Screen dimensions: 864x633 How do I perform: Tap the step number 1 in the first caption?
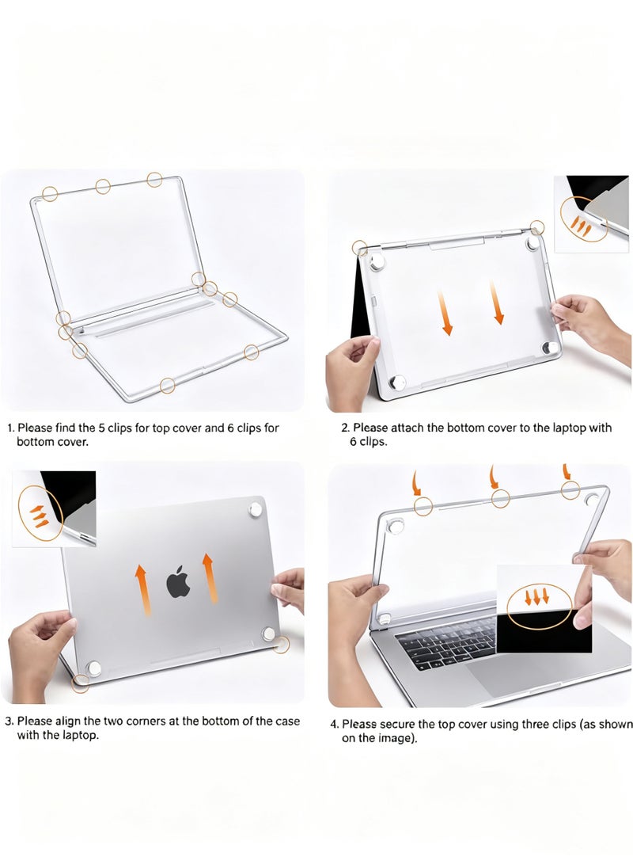[10, 428]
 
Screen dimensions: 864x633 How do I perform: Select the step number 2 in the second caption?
[344, 428]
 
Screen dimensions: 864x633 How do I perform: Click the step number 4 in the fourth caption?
[334, 724]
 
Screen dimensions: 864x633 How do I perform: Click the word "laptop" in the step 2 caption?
[562, 428]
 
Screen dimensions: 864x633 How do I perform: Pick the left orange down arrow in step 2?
[447, 314]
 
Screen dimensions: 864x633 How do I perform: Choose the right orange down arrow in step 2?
[497, 303]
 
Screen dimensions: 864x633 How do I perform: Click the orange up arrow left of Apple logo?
[141, 589]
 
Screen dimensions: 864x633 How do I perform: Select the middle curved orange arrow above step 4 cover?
[494, 477]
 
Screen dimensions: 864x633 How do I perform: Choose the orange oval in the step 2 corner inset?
[584, 220]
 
